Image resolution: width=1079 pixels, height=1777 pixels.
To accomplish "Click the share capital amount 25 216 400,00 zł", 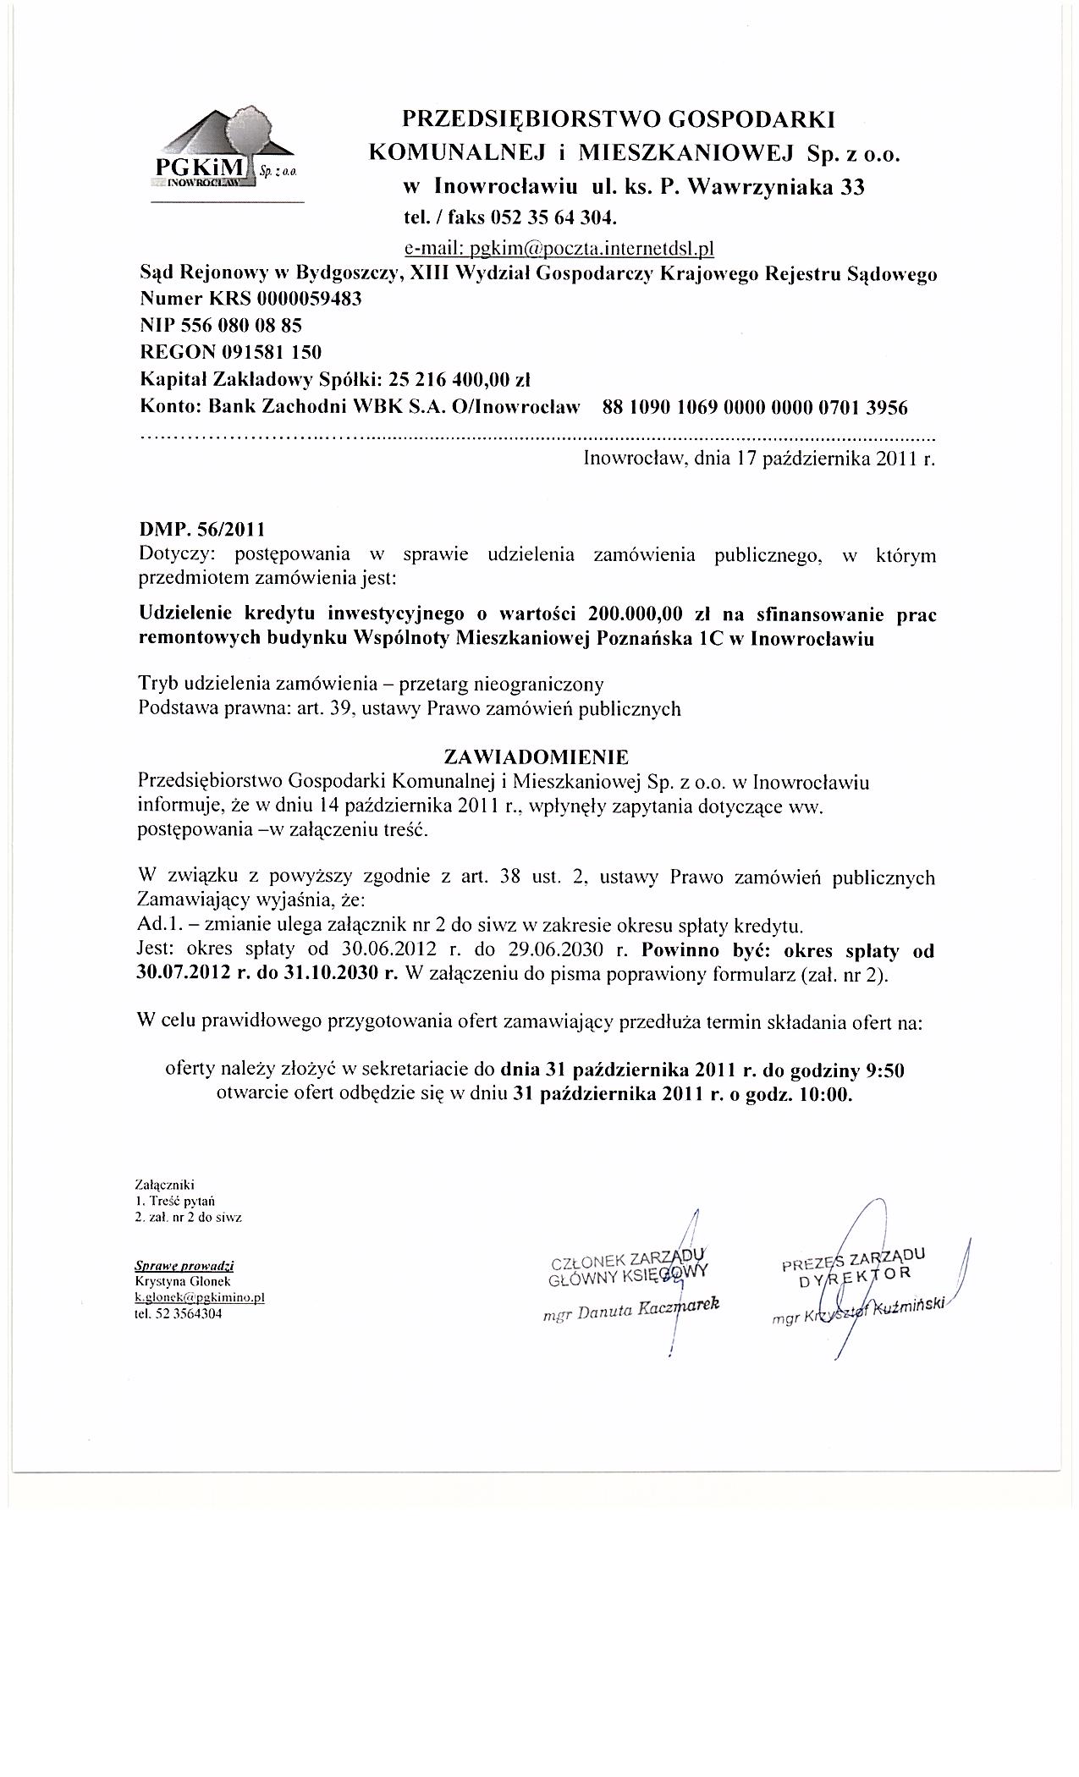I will point(458,379).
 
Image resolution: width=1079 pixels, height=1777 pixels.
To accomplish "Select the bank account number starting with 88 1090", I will point(754,408).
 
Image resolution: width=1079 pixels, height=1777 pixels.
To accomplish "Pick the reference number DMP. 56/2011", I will point(201,531).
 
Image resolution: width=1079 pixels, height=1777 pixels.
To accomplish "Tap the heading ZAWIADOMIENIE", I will point(537,755).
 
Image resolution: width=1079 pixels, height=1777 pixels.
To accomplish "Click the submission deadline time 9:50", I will point(885,1070).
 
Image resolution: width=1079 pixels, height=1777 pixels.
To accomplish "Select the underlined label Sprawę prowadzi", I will point(184,1266).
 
